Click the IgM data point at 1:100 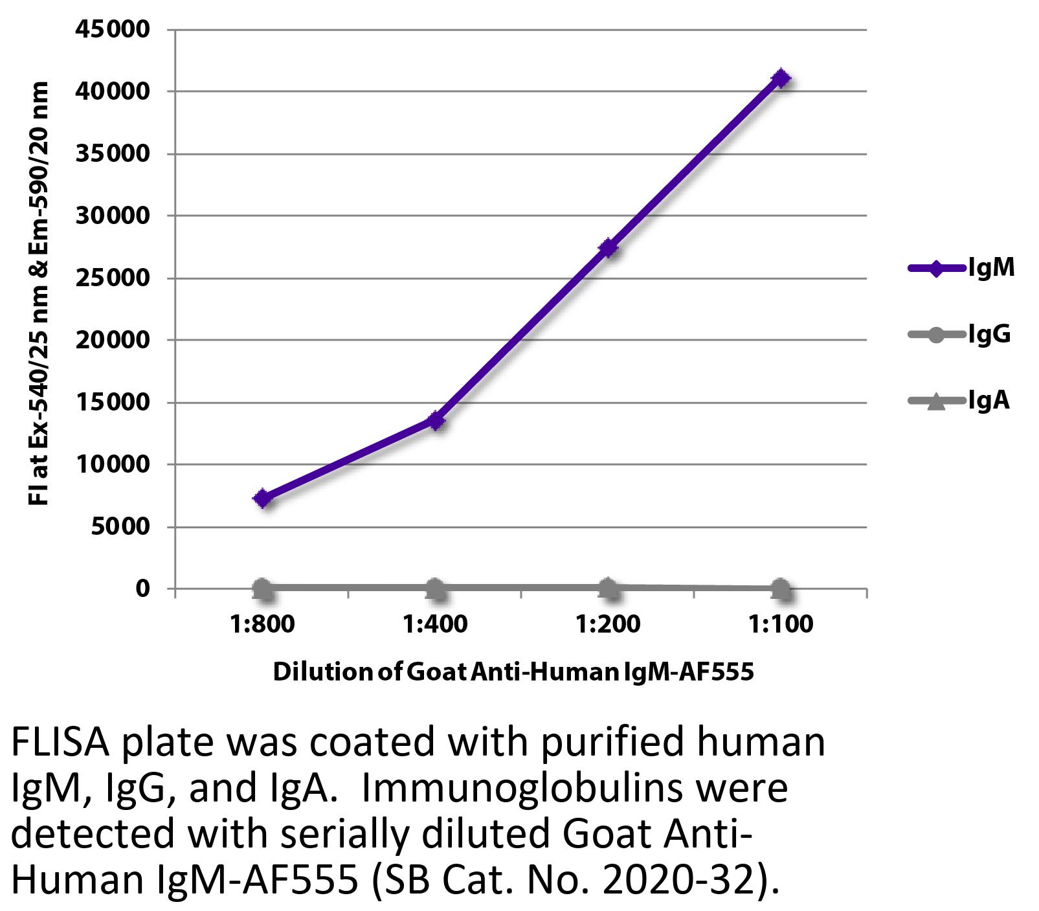tap(781, 78)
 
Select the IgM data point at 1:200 tap(608, 247)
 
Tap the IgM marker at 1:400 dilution tap(436, 421)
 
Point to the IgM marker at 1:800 tap(262, 498)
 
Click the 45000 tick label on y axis tap(113, 29)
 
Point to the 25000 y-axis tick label tap(113, 278)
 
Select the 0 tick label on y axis tap(142, 589)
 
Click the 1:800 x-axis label tap(262, 624)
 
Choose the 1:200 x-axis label tap(608, 624)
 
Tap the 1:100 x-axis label tap(781, 624)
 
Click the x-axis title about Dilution tap(513, 672)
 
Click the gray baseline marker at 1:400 tap(436, 588)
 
